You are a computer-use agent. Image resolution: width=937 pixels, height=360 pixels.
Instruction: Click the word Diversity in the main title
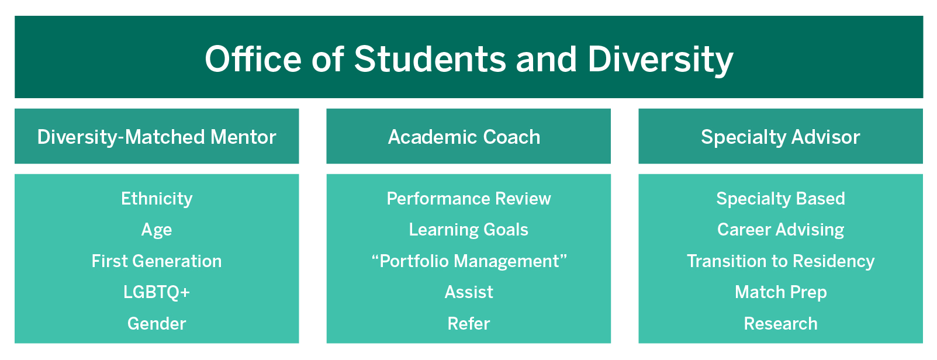click(x=660, y=60)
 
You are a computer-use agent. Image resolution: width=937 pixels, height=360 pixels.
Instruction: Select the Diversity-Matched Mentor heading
click(x=157, y=137)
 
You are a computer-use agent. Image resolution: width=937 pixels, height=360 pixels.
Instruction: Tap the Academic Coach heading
click(x=464, y=137)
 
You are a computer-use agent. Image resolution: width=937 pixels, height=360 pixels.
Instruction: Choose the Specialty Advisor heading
click(x=780, y=137)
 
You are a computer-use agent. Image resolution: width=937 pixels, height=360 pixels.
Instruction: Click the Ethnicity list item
click(x=157, y=199)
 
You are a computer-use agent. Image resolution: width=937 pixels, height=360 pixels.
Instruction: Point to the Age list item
click(x=157, y=230)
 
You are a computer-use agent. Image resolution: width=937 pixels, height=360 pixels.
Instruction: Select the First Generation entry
click(x=157, y=261)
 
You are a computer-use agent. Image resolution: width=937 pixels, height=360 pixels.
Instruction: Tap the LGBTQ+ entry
click(x=157, y=292)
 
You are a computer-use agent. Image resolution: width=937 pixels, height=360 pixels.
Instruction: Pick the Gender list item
click(x=157, y=324)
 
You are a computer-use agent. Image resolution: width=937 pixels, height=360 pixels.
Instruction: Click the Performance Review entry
click(x=469, y=199)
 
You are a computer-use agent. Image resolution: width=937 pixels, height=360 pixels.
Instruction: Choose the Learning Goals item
click(x=469, y=230)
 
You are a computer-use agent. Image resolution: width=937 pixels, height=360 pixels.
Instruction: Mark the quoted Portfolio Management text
click(x=469, y=261)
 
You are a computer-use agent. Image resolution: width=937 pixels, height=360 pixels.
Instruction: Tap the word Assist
click(x=469, y=292)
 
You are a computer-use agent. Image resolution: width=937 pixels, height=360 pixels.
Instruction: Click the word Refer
click(x=469, y=324)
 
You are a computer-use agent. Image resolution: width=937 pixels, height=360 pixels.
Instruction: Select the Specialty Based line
click(x=780, y=199)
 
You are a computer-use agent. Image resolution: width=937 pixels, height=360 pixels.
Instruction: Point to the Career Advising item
click(x=780, y=230)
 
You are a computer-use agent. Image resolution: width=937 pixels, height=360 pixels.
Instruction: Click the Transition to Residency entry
click(x=780, y=261)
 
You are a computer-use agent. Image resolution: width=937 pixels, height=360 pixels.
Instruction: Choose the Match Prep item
click(x=780, y=292)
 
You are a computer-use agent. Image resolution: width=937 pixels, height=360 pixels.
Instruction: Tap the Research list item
click(x=780, y=324)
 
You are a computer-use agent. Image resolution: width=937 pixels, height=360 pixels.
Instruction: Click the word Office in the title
click(x=253, y=59)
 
